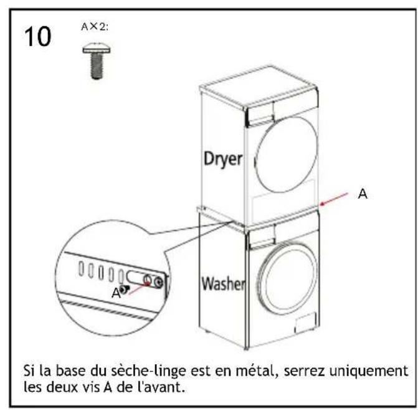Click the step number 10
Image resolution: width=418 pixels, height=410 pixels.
(x=37, y=37)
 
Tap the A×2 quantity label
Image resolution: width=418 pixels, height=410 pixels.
(x=95, y=27)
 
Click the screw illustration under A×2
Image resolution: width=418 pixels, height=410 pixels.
(x=97, y=61)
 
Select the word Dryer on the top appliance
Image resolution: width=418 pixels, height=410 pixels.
(x=223, y=160)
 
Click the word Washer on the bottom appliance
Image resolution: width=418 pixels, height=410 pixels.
(x=223, y=283)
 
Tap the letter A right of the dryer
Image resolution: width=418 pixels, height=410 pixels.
(x=363, y=193)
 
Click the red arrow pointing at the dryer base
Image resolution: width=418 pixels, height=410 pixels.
(x=334, y=199)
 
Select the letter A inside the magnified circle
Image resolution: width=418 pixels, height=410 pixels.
(x=116, y=293)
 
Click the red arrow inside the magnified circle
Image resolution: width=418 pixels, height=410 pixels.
(x=139, y=288)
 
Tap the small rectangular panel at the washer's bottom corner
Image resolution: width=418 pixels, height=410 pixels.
(x=305, y=323)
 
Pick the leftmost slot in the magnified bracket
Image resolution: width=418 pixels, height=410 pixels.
(x=81, y=268)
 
